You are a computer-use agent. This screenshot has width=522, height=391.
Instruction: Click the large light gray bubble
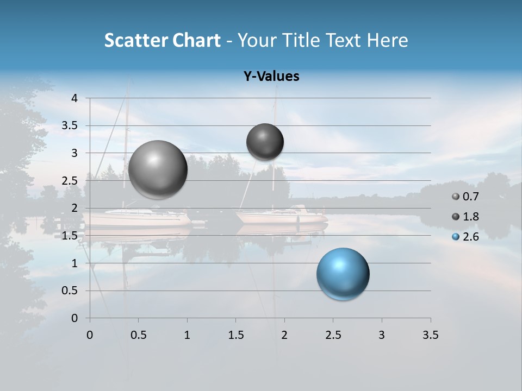(158, 169)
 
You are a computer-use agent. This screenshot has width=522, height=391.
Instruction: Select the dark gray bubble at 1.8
(265, 142)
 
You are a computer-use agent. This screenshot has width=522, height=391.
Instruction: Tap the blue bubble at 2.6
(343, 274)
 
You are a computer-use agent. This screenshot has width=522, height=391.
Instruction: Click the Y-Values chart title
(271, 77)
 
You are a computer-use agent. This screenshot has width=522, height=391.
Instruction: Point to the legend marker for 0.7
(456, 197)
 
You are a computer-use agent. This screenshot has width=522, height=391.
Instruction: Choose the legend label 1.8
(471, 217)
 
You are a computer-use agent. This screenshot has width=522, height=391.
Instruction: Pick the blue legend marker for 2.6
(456, 237)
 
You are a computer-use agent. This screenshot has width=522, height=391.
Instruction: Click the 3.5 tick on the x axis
(430, 335)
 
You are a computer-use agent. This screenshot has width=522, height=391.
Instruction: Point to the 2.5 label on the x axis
(333, 335)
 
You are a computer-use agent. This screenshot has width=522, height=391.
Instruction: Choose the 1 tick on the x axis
(187, 335)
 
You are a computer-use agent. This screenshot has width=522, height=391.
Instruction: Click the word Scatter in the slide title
(135, 40)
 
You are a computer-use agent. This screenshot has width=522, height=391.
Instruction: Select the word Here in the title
(387, 40)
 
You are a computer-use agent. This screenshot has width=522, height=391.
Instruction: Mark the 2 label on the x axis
(284, 335)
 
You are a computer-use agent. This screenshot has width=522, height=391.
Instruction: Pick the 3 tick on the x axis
(382, 335)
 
